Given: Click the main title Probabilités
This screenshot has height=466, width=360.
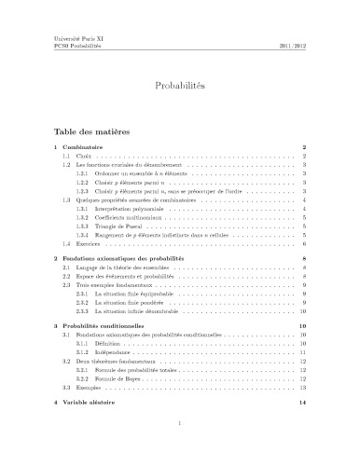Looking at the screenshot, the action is (180, 85).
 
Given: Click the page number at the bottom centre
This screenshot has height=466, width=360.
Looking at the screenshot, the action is (179, 447).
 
